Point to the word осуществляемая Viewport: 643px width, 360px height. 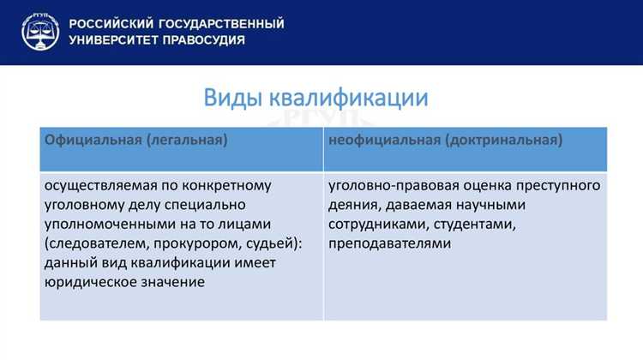(99, 186)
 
